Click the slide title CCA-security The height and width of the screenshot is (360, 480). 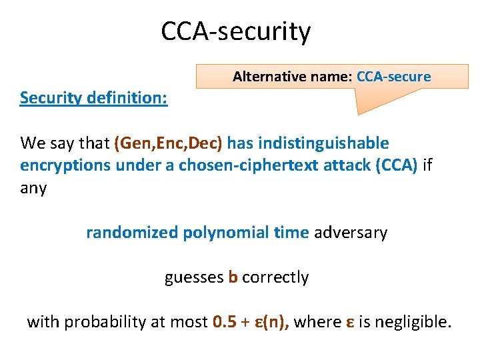235,31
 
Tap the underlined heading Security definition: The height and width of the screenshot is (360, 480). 93,98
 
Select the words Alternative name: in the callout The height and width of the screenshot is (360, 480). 292,77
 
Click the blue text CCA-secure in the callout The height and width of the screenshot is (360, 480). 393,77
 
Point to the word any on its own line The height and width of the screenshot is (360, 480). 33,188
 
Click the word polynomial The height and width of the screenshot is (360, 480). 224,233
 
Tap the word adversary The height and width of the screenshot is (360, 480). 350,233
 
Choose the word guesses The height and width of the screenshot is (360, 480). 193,277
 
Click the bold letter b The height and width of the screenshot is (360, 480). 233,277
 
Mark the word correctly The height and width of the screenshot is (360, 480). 275,277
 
